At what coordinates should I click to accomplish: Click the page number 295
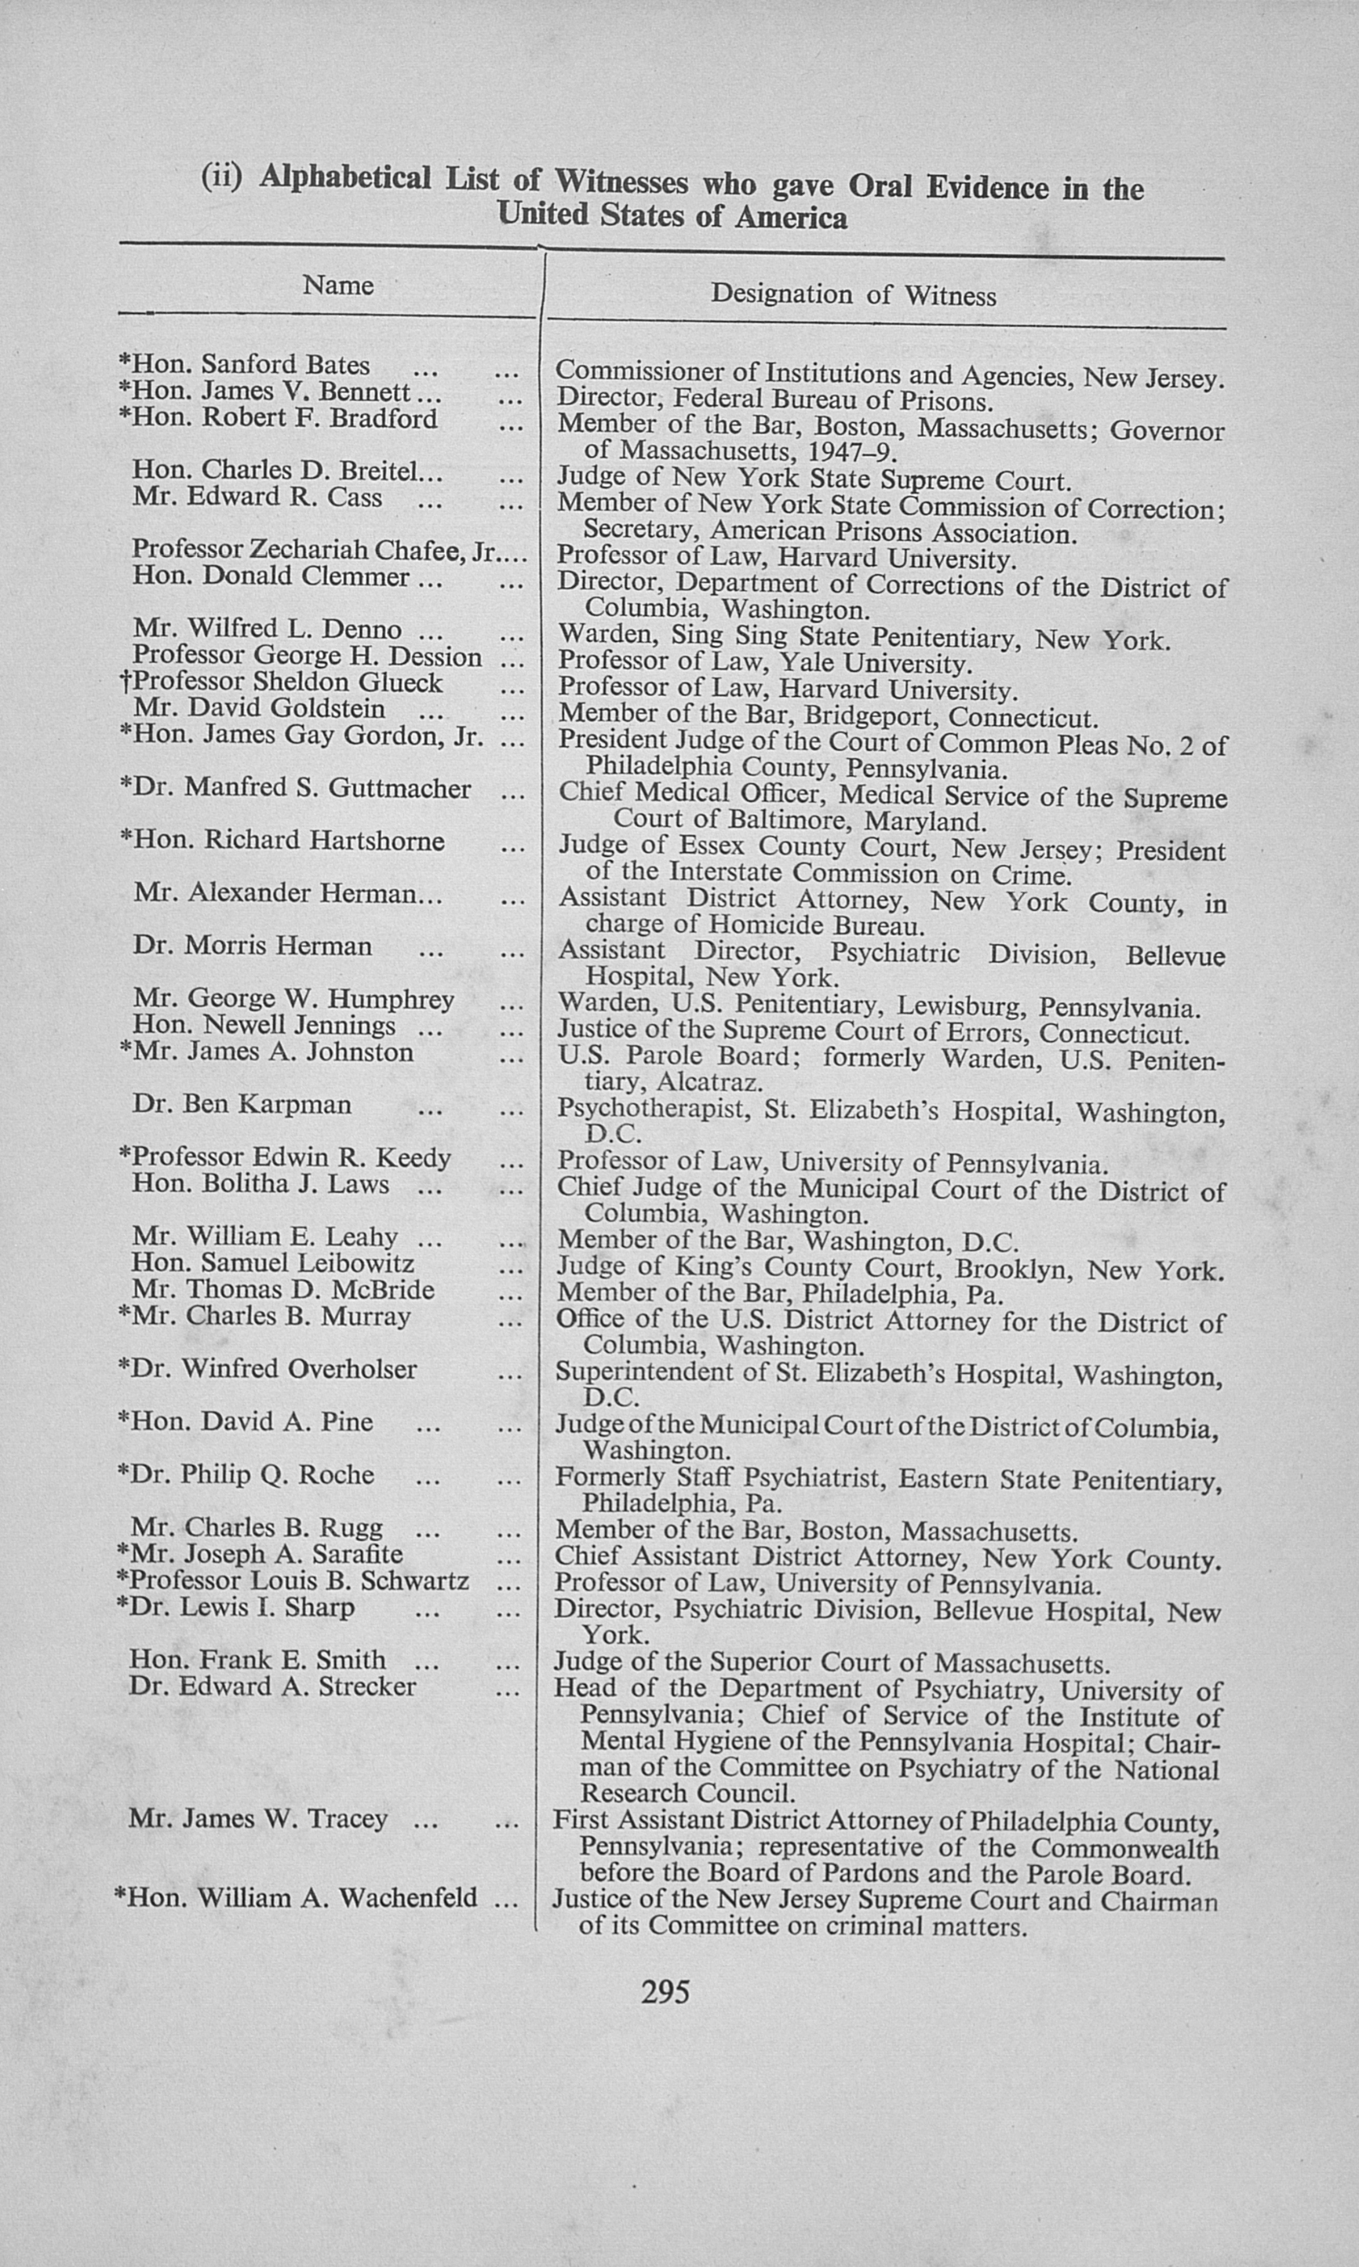pyautogui.click(x=665, y=1992)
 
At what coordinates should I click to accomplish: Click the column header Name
pyautogui.click(x=338, y=286)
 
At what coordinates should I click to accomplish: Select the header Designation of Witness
pyautogui.click(x=853, y=294)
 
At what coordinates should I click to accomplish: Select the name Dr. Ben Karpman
pyautogui.click(x=242, y=1104)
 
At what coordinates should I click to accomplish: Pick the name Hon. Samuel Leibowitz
pyautogui.click(x=273, y=1263)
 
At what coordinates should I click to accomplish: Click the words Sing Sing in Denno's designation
pyautogui.click(x=732, y=636)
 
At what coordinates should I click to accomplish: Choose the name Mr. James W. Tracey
pyautogui.click(x=258, y=1817)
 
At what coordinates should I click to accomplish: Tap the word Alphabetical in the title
pyautogui.click(x=345, y=177)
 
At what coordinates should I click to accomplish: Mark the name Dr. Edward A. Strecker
pyautogui.click(x=273, y=1686)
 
